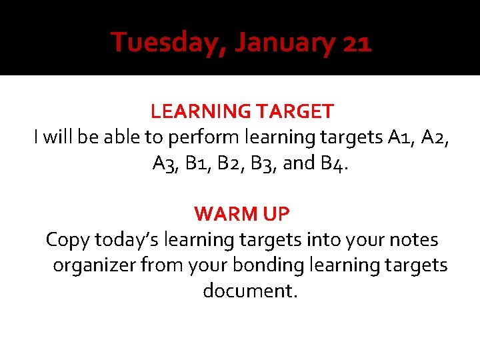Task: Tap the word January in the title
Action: point(285,43)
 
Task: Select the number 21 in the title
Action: point(356,43)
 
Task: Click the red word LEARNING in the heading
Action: point(196,111)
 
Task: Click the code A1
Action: point(399,137)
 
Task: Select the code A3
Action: point(165,163)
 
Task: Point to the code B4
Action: point(333,163)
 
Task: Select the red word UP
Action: point(275,214)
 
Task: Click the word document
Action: point(249,291)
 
